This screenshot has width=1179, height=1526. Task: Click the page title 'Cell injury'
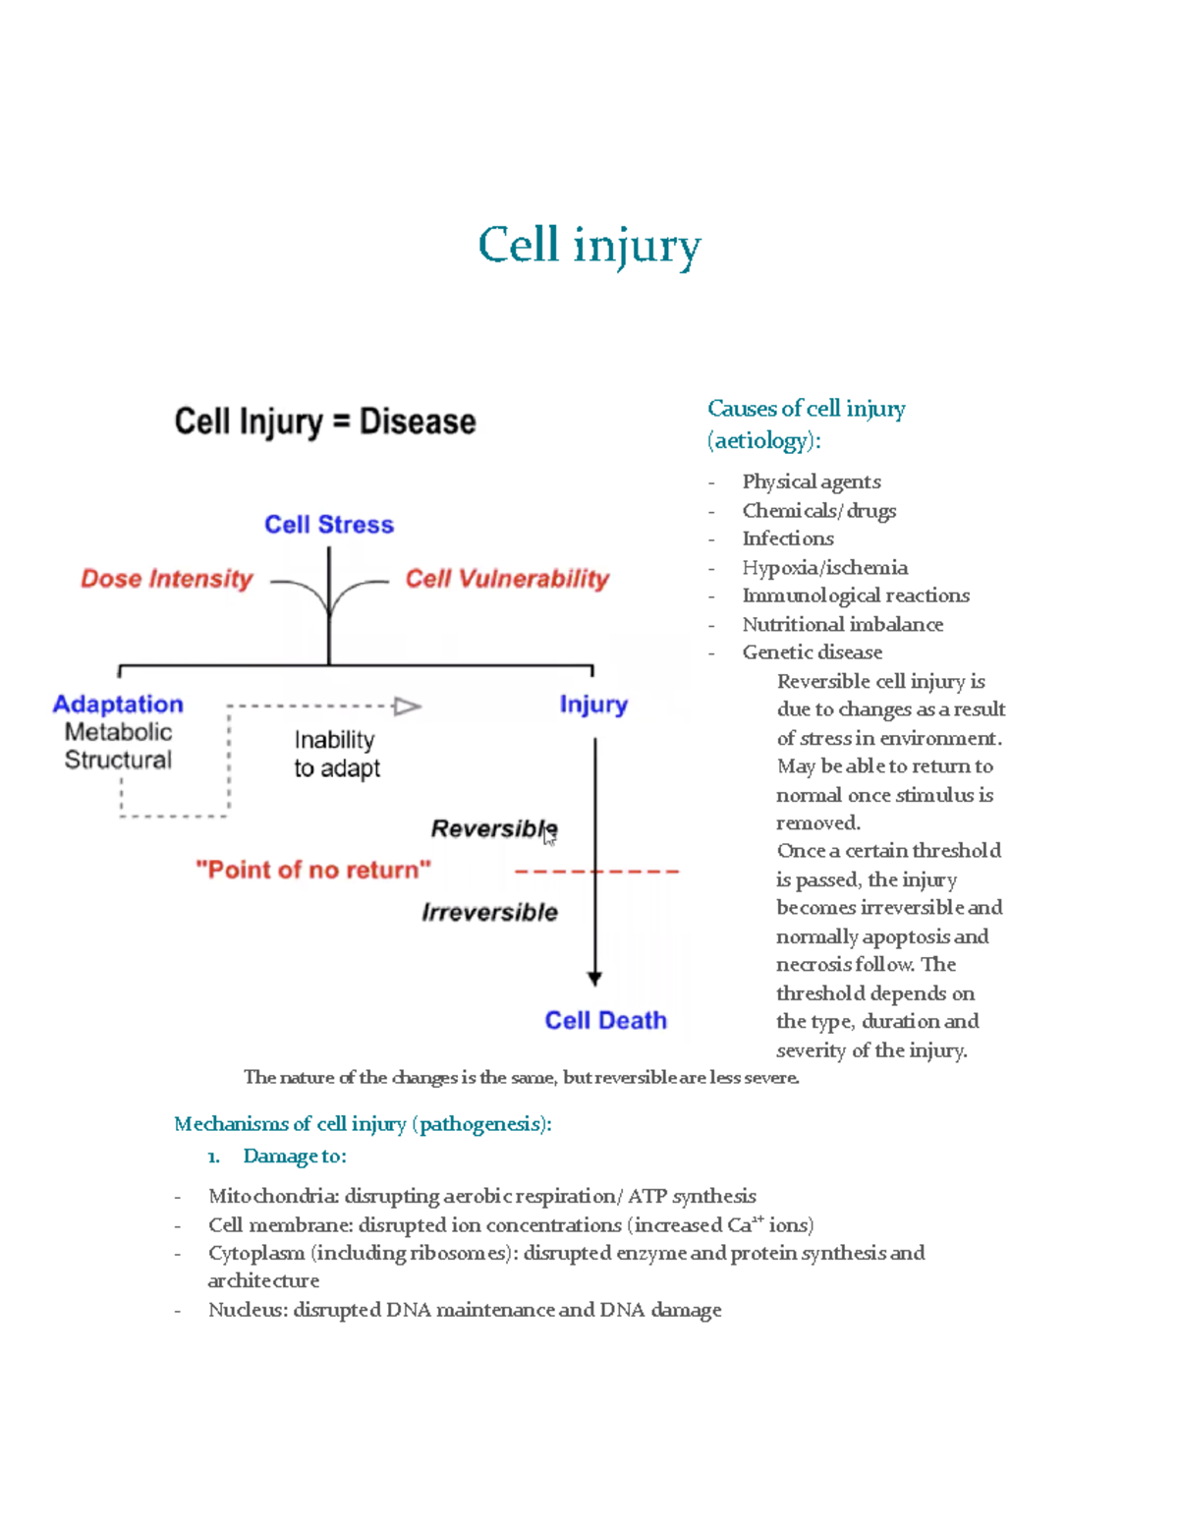tap(589, 246)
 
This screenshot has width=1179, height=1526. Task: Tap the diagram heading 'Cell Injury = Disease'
tap(325, 422)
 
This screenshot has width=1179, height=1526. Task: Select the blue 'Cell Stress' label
tap(329, 525)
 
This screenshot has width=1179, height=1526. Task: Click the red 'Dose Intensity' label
tap(167, 579)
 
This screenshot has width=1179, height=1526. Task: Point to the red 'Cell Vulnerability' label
tap(507, 579)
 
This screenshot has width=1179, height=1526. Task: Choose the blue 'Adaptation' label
tap(118, 705)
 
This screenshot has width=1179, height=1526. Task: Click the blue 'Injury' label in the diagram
tap(593, 705)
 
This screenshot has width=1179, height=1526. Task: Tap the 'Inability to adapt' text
tap(336, 754)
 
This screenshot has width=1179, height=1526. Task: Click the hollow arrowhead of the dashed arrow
tap(407, 706)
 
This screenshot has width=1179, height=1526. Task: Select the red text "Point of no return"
tap(313, 870)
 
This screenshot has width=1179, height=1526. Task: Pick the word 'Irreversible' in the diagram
tap(489, 913)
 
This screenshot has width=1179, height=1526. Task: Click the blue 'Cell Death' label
tap(605, 1021)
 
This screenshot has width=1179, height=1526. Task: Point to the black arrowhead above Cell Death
tap(594, 979)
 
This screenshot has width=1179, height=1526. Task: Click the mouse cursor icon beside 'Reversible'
tap(549, 836)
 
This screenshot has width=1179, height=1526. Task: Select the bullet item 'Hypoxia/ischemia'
tap(824, 567)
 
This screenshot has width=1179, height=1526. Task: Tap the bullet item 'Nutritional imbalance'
tap(842, 624)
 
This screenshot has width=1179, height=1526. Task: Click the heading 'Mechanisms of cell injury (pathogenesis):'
tap(363, 1123)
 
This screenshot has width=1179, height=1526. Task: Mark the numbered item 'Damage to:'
tap(294, 1157)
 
